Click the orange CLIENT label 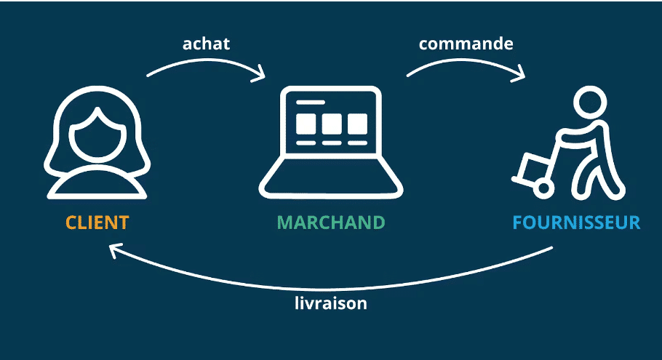97,223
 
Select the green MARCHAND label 330,223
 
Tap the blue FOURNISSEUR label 576,223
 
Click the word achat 206,44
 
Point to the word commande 466,44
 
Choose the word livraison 325,303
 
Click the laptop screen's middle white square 331,124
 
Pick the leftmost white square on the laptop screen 306,124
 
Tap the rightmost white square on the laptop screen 356,124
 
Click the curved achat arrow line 204,63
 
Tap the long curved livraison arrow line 327,285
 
